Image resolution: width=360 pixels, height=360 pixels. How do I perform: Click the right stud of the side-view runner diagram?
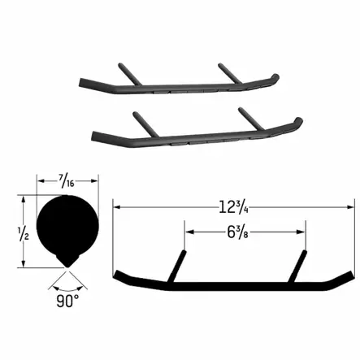[x=300, y=267]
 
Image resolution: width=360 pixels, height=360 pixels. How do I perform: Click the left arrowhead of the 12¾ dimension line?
[x=117, y=206]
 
